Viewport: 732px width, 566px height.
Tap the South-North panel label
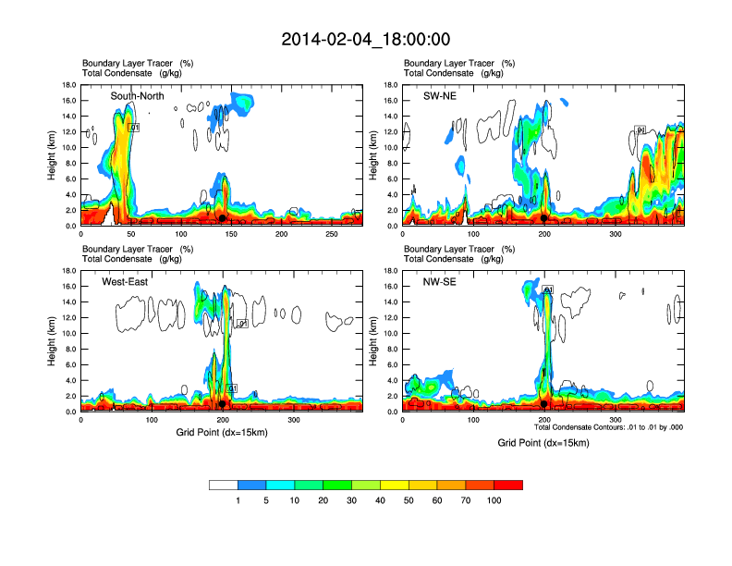click(x=137, y=96)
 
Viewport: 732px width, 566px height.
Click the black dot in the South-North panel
click(x=222, y=218)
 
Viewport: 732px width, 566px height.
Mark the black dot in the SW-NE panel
click(x=544, y=218)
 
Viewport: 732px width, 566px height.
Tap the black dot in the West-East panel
click(x=223, y=404)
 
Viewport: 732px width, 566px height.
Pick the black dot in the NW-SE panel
click(x=544, y=404)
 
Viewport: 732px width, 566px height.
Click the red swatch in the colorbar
click(x=508, y=485)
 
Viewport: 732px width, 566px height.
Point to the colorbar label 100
click(x=494, y=500)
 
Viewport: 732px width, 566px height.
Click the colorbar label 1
click(x=238, y=500)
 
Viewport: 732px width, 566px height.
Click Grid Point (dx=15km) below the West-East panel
click(x=222, y=433)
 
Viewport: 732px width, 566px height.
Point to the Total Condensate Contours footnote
click(x=608, y=427)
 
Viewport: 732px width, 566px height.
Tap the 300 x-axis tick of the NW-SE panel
click(x=616, y=421)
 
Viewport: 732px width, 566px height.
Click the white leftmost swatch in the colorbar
click(x=224, y=485)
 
